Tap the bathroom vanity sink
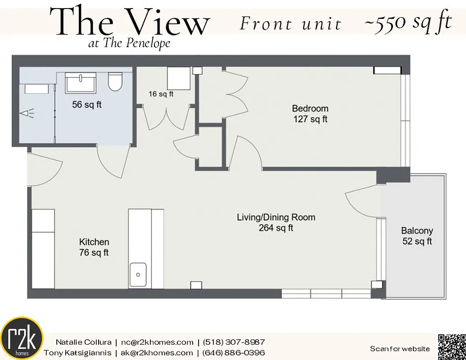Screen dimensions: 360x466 (81, 82)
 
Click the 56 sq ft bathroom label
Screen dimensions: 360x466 (87, 105)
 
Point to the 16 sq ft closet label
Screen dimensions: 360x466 (161, 94)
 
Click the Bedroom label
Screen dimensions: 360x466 (310, 113)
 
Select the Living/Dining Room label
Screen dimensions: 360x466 (276, 222)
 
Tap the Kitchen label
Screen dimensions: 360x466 (94, 247)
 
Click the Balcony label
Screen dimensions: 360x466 (417, 236)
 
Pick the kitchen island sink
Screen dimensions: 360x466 (138, 274)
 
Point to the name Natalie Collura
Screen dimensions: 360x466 (83, 342)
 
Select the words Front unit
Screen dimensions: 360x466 (290, 23)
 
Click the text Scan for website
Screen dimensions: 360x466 (400, 349)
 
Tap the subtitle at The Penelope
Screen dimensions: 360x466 (130, 43)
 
